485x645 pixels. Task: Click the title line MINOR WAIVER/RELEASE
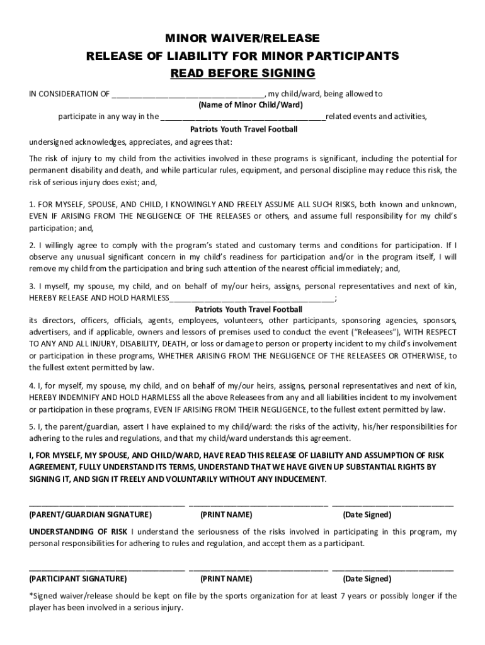pyautogui.click(x=243, y=39)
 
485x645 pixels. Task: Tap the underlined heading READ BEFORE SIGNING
pyautogui.click(x=243, y=73)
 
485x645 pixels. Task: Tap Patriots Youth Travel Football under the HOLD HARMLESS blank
pyautogui.click(x=248, y=309)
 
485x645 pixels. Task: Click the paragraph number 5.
pyautogui.click(x=31, y=426)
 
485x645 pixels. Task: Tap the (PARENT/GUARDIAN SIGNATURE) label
pyautogui.click(x=81, y=515)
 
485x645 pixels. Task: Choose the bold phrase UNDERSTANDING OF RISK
pyautogui.click(x=79, y=532)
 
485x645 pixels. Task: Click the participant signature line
pyautogui.click(x=106, y=569)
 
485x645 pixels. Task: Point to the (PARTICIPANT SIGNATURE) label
pyautogui.click(x=78, y=579)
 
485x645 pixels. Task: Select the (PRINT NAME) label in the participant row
pyautogui.click(x=226, y=579)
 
